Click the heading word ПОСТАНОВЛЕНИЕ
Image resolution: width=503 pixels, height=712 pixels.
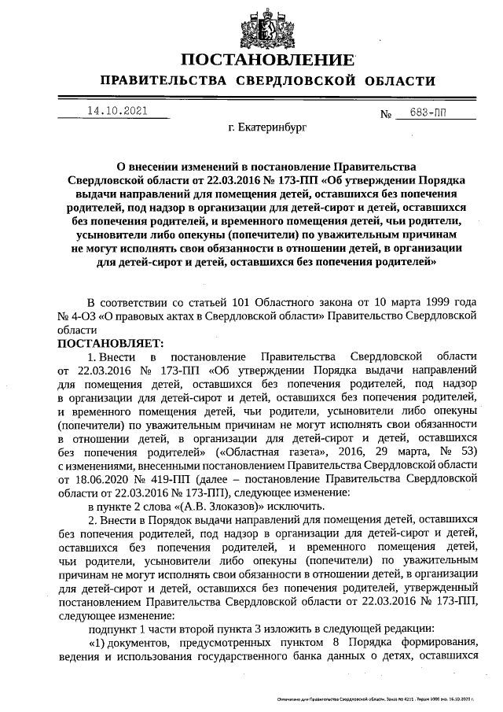[268, 60]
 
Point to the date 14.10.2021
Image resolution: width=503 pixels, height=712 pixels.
[118, 111]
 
